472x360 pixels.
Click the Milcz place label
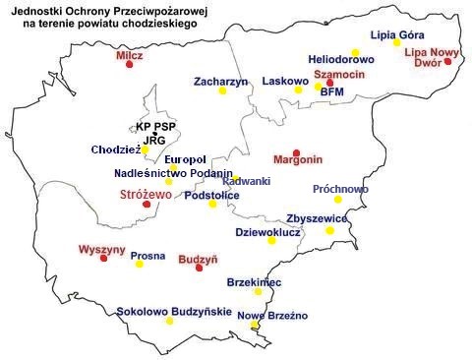click(x=129, y=57)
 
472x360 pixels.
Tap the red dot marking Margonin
click(x=297, y=152)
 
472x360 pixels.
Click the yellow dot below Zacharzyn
click(x=222, y=91)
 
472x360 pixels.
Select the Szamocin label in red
click(x=339, y=75)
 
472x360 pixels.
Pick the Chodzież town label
click(x=115, y=150)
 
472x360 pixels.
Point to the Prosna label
click(x=148, y=256)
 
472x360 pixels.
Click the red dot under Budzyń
click(x=200, y=268)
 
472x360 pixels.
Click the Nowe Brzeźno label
click(x=273, y=315)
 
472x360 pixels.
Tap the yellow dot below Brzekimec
click(x=259, y=291)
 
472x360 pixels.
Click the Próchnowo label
click(x=341, y=188)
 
